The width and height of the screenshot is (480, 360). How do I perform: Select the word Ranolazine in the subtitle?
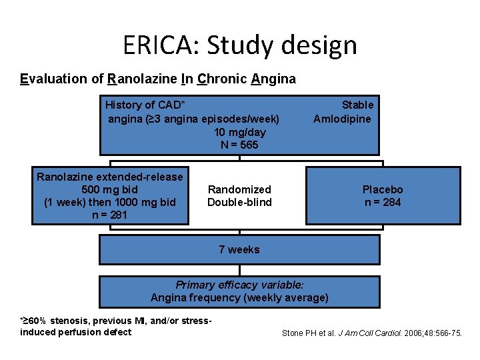[x=142, y=79]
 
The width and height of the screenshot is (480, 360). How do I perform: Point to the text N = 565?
[x=239, y=145]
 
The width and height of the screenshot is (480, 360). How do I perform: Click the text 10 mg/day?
[x=239, y=132]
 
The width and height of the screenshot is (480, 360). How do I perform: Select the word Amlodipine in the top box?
[x=343, y=119]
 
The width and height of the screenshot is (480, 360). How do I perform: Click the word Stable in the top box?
[x=357, y=105]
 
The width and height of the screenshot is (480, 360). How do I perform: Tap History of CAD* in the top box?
[x=145, y=105]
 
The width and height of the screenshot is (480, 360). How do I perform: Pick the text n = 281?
[x=109, y=215]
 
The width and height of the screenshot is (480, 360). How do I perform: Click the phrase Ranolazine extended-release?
[x=109, y=177]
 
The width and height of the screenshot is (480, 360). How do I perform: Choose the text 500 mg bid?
[x=109, y=189]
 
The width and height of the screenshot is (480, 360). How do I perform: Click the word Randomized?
[x=239, y=189]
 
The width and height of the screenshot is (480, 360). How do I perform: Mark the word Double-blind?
[x=239, y=202]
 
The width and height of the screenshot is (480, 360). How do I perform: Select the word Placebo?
[x=383, y=189]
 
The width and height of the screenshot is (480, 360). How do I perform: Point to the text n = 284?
[x=383, y=202]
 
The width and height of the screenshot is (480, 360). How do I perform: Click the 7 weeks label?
[x=239, y=249]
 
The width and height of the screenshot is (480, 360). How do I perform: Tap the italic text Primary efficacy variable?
[x=239, y=285]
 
